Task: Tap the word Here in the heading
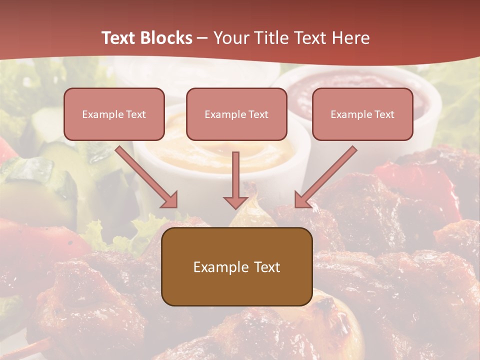[350, 38]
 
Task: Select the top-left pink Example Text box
[114, 114]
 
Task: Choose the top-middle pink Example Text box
[236, 114]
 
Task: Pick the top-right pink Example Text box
[362, 114]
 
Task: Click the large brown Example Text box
[236, 267]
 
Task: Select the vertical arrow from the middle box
[236, 177]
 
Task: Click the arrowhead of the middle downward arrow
[236, 202]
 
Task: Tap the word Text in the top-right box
[384, 114]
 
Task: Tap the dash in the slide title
[202, 38]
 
